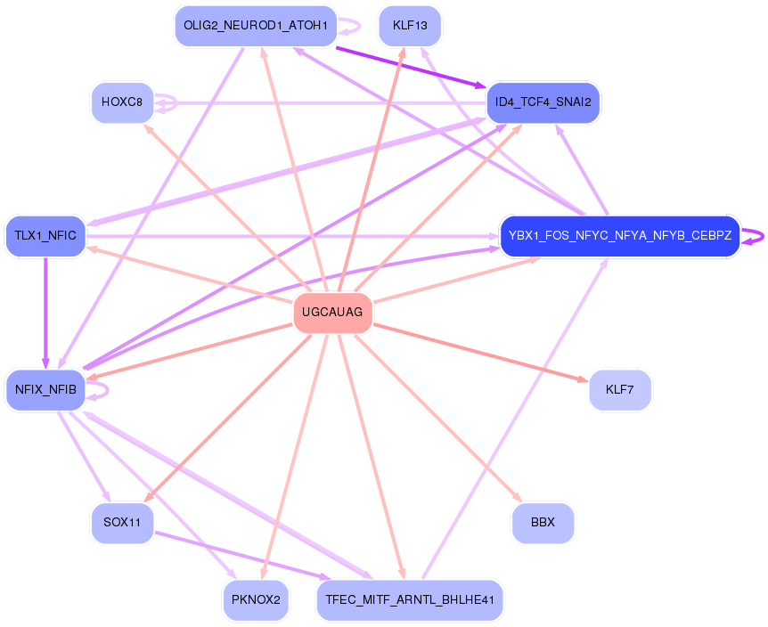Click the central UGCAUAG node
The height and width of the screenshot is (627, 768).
pyautogui.click(x=332, y=313)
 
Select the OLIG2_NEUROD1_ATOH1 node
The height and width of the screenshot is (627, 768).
pyautogui.click(x=255, y=26)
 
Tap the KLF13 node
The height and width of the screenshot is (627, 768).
pyautogui.click(x=410, y=26)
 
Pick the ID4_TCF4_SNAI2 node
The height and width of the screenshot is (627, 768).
pyautogui.click(x=543, y=102)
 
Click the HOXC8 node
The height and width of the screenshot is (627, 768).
pyautogui.click(x=122, y=102)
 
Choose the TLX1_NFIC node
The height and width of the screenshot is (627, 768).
pyautogui.click(x=45, y=236)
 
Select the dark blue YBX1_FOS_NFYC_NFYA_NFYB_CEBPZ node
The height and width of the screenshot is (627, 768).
pyautogui.click(x=619, y=236)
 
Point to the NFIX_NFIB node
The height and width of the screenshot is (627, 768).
pyautogui.click(x=45, y=389)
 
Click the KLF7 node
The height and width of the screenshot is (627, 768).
pyautogui.click(x=619, y=389)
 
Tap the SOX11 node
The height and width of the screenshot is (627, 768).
pyautogui.click(x=122, y=523)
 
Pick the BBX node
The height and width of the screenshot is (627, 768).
pyautogui.click(x=543, y=523)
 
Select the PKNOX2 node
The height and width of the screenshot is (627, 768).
pyautogui.click(x=256, y=599)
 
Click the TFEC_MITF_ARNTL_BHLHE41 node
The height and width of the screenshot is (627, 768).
pyautogui.click(x=410, y=599)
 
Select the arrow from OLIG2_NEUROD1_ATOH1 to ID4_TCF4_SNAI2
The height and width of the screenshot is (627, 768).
pyautogui.click(x=410, y=64)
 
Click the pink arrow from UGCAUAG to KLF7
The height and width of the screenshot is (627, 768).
pyautogui.click(x=481, y=351)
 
